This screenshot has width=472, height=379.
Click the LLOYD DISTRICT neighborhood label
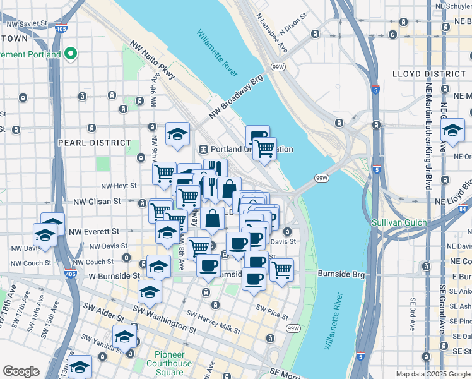(429, 74)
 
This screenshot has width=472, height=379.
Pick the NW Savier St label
(27, 23)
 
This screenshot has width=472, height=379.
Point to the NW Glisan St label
(97, 202)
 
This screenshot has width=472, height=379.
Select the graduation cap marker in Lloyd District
(452, 131)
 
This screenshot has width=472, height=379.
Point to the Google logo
(21, 371)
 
